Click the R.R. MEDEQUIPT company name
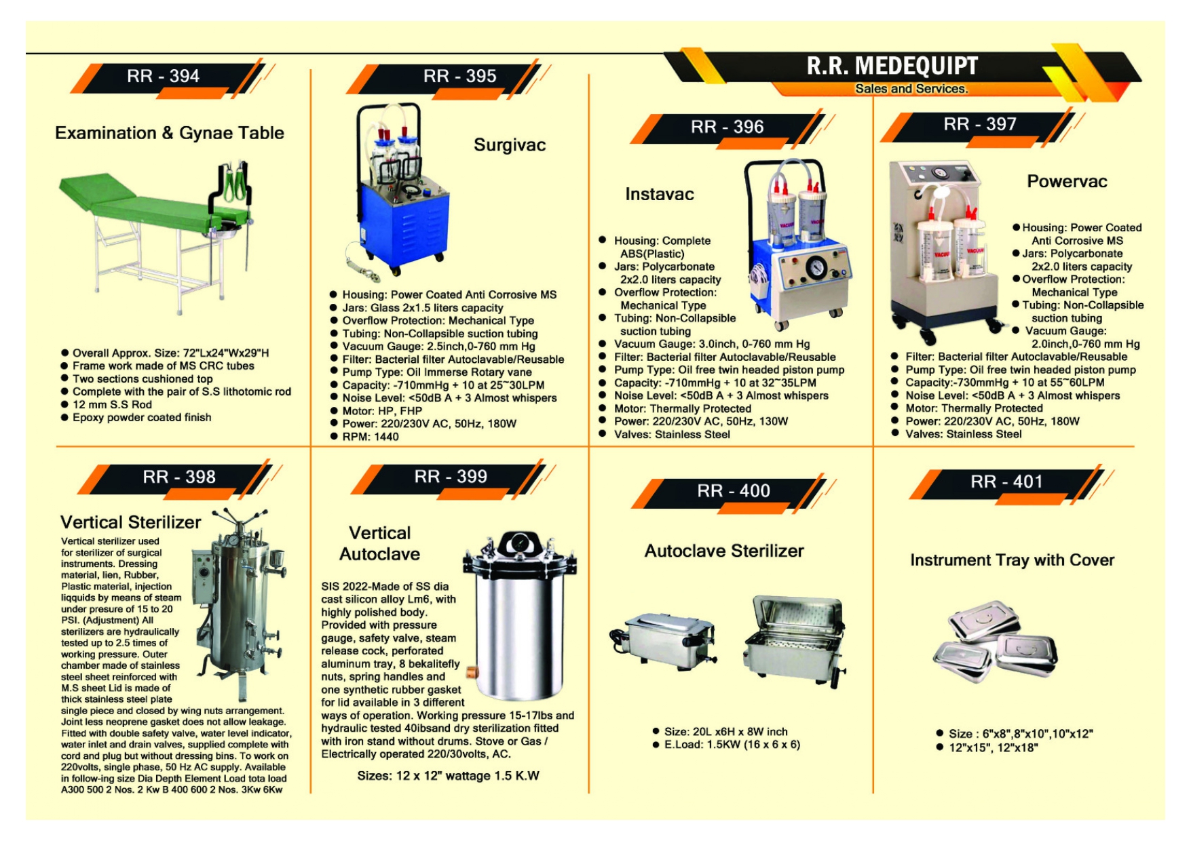coord(892,66)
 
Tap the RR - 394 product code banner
coord(164,76)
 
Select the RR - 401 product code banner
coord(1006,482)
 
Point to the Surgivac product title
coord(509,145)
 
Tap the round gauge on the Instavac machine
coord(816,269)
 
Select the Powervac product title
coord(1067,182)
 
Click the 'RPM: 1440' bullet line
coord(371,437)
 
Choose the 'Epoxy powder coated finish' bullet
coord(142,418)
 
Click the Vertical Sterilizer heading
coord(130,522)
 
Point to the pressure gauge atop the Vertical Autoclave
coord(518,543)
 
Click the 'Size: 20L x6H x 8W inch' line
coord(725,732)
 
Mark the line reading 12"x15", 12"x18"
coord(993,747)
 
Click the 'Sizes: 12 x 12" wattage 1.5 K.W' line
coord(448,776)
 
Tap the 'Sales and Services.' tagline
coord(911,89)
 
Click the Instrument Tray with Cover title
coord(1012,560)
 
